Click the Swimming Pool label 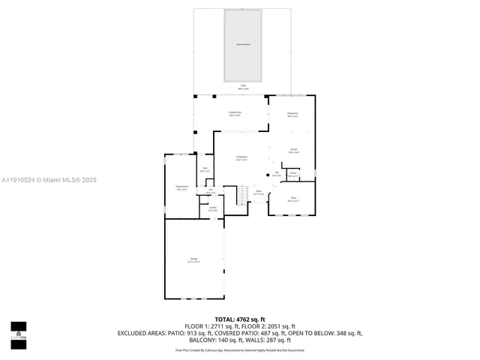242,45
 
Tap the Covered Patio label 234,114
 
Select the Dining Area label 292,115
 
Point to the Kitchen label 294,151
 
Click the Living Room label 241,158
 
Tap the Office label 293,199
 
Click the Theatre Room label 181,188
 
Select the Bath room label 205,169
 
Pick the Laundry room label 213,208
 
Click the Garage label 193,259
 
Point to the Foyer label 257,192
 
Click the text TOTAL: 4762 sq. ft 240,319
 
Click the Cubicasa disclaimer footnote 240,349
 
